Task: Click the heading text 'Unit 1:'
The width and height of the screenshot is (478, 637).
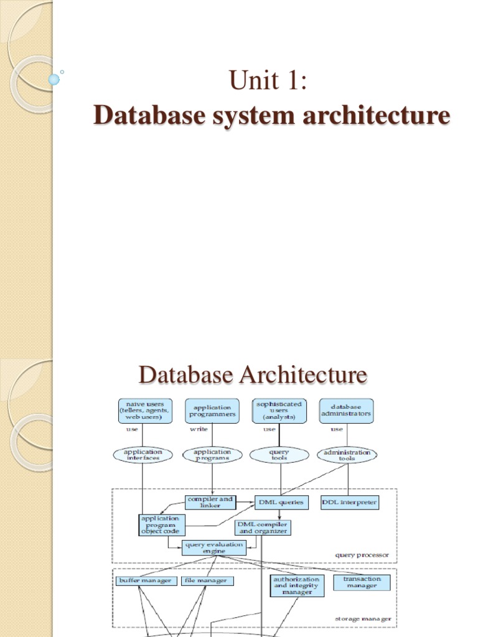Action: point(268,80)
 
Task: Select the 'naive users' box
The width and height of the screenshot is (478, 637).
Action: point(143,411)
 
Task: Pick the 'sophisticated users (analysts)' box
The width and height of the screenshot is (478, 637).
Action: point(279,411)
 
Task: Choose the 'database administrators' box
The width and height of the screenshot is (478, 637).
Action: point(346,411)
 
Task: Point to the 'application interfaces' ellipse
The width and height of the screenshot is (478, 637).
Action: point(143,455)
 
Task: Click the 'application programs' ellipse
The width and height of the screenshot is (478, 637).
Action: point(212,455)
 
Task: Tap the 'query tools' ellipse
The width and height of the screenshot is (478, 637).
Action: point(279,455)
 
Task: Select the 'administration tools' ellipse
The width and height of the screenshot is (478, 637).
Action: point(347,455)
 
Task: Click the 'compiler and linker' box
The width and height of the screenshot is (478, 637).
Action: point(210,501)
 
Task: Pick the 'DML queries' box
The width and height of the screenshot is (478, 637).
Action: point(281,501)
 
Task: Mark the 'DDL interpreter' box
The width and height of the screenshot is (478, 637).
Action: point(349,501)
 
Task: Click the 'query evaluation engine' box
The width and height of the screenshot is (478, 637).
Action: point(213,547)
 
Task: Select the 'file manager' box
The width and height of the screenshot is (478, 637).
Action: point(208,581)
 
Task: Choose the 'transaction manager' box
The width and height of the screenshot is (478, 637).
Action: point(361,582)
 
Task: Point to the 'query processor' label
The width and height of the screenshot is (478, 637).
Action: point(362,555)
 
